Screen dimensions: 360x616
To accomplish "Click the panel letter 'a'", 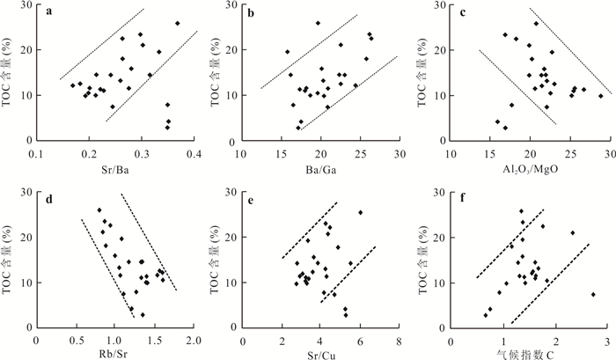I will (48, 13).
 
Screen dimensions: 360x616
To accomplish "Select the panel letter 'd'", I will (48, 197).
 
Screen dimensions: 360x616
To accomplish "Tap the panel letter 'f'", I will (464, 197).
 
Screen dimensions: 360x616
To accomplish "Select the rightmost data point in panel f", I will (593, 294).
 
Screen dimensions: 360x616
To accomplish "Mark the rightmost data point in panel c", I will (601, 96).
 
